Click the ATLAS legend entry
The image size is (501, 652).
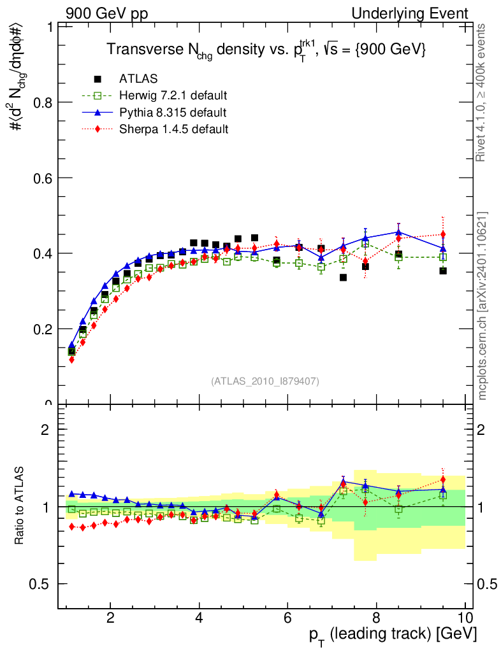click(x=134, y=79)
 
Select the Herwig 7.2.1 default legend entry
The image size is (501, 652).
click(x=173, y=96)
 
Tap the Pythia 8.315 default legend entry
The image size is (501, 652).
click(x=172, y=113)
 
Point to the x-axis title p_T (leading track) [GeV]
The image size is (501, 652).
click(x=392, y=634)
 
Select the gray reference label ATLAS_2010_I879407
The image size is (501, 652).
click(x=265, y=381)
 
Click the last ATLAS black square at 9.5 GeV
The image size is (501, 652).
click(x=443, y=271)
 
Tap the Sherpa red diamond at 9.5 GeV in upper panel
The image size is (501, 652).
click(x=443, y=234)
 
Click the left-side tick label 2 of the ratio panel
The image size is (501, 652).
click(x=45, y=429)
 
